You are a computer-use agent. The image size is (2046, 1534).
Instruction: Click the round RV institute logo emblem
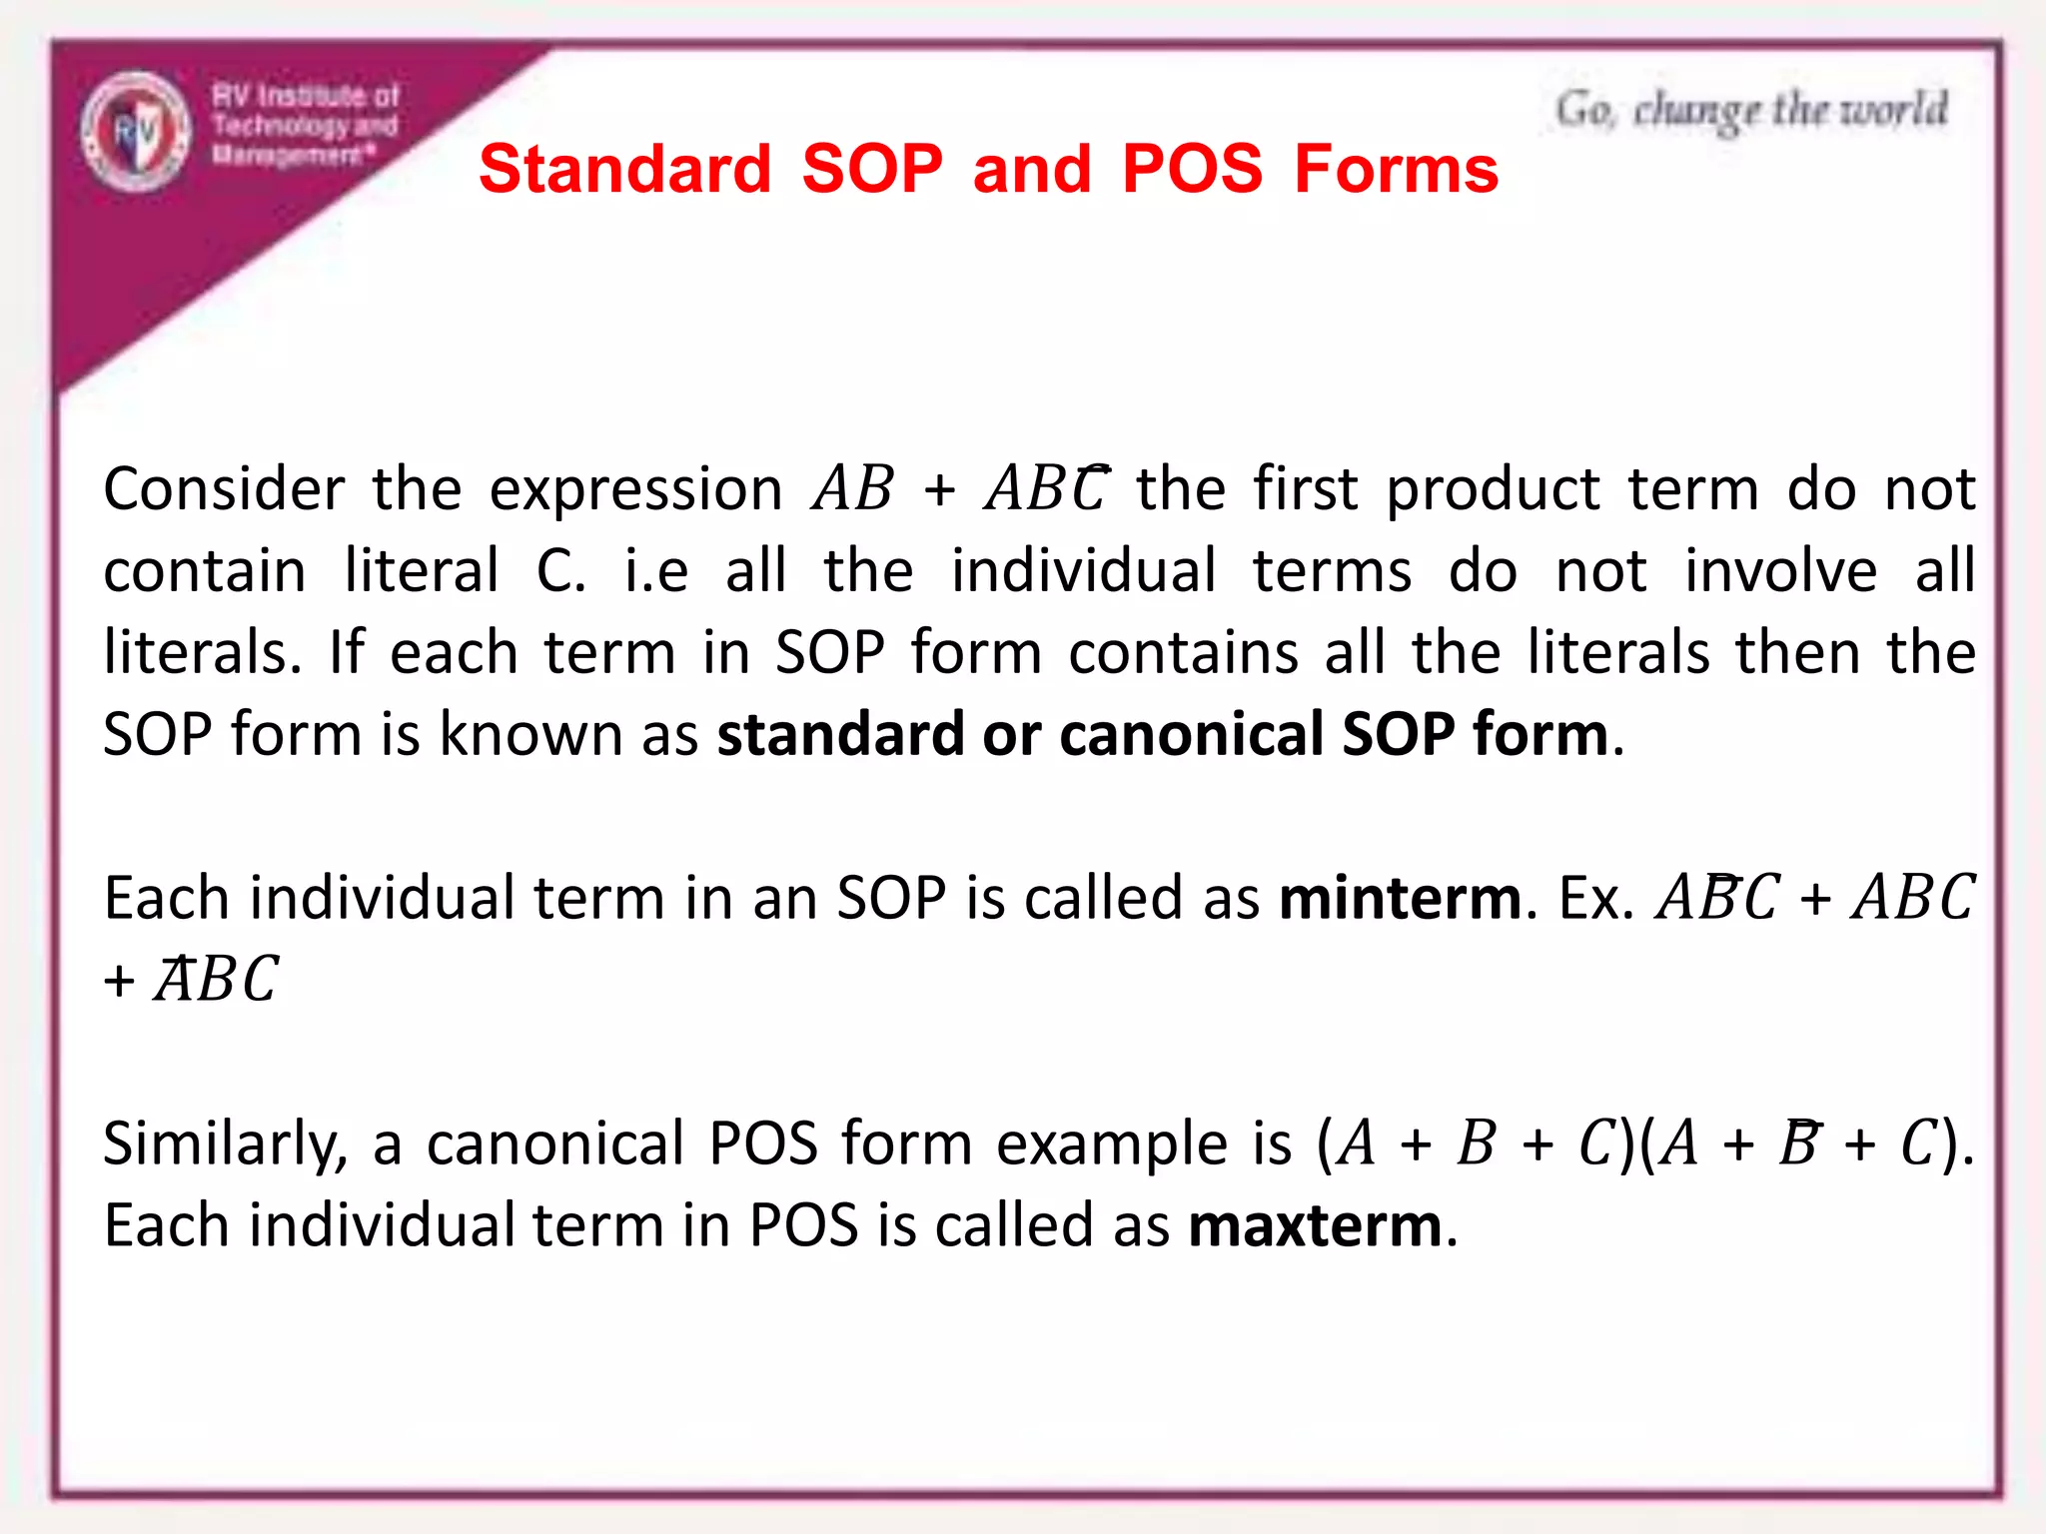click(x=135, y=131)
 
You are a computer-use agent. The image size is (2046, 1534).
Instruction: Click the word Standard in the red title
click(x=625, y=169)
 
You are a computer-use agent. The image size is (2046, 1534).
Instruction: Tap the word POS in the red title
click(x=1192, y=169)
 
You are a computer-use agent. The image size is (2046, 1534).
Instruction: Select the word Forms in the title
click(x=1396, y=169)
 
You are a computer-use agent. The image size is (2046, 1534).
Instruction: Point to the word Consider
click(x=224, y=489)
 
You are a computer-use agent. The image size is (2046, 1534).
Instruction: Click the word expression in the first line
click(x=635, y=491)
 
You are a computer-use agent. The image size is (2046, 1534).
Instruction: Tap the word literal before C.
click(x=421, y=571)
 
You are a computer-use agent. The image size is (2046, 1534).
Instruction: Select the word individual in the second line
click(x=1083, y=571)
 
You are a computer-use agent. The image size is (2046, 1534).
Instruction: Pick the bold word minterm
click(x=1401, y=898)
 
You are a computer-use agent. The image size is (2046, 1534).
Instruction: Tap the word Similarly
click(x=226, y=1145)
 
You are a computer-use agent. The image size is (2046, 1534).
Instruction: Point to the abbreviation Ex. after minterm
click(x=1596, y=898)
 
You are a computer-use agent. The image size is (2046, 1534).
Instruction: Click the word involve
click(x=1780, y=571)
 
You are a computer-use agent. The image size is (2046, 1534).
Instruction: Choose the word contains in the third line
click(x=1184, y=653)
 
